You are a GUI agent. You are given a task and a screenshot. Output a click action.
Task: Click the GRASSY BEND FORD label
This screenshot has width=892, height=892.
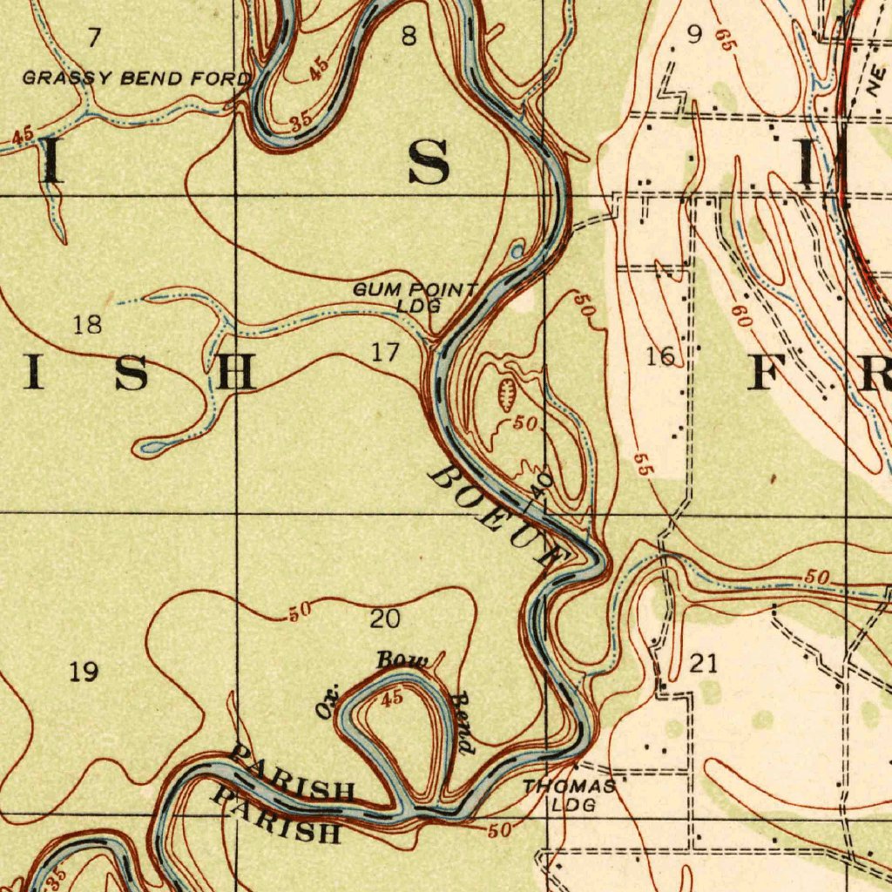[x=136, y=79]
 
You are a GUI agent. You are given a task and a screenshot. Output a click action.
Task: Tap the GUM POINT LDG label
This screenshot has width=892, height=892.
[x=416, y=297]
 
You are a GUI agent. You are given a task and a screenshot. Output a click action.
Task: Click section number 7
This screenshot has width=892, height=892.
[x=94, y=37]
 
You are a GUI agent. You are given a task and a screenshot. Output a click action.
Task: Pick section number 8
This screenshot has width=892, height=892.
[x=408, y=36]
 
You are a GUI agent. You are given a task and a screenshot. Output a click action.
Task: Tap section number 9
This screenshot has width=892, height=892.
[x=694, y=34]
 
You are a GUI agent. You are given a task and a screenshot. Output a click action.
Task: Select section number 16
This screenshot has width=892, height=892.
[x=661, y=355]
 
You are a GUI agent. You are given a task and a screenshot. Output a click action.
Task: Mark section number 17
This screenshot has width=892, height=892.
[x=385, y=353]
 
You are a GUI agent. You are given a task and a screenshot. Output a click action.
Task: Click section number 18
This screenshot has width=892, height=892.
[x=87, y=326]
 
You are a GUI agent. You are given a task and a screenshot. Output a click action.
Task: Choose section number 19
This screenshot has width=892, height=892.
[x=84, y=672]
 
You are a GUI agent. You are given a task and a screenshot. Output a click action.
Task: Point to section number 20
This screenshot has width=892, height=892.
[x=385, y=619]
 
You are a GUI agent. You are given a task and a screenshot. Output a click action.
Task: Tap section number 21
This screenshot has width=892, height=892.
[x=704, y=664]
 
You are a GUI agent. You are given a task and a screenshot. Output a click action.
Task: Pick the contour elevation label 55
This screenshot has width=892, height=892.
[x=642, y=463]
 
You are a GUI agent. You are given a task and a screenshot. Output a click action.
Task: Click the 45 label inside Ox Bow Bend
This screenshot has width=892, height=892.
[x=392, y=697]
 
